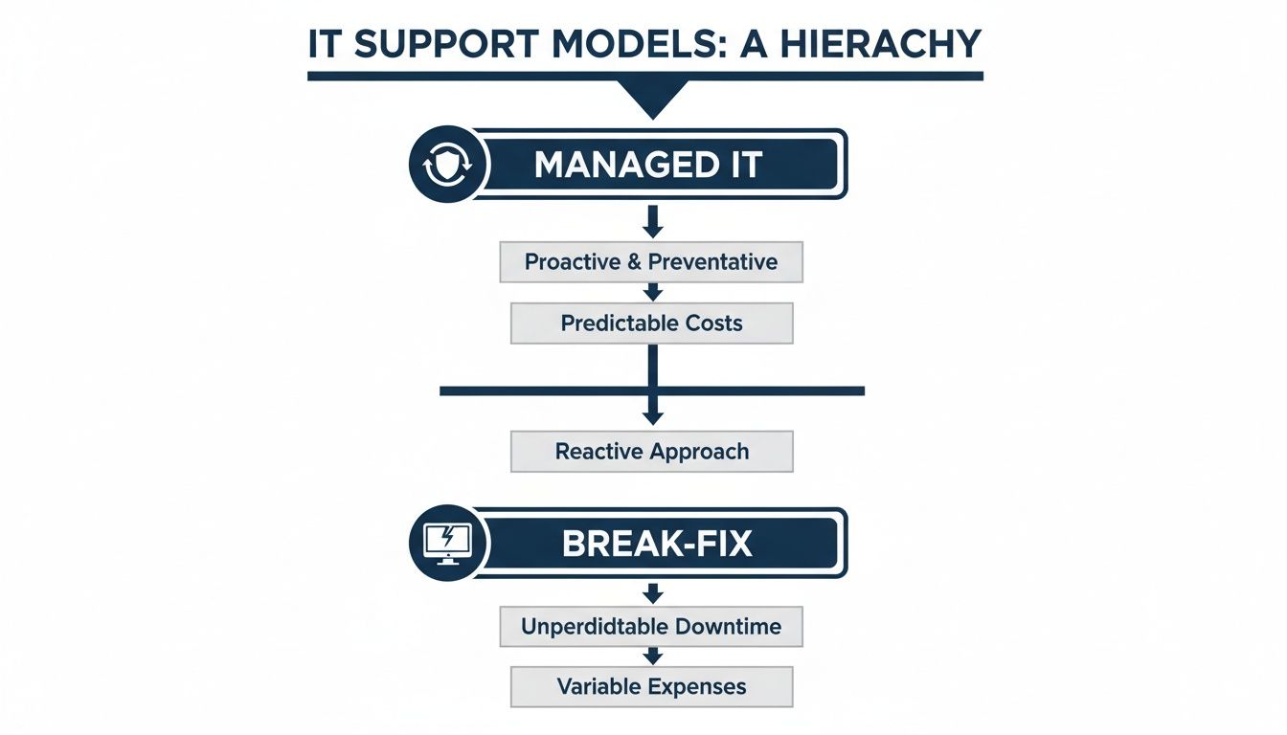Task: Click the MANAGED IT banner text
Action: coord(648,165)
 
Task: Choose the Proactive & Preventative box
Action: coord(651,262)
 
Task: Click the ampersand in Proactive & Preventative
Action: coord(633,262)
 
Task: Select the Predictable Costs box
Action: coord(651,323)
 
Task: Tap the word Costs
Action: coord(713,323)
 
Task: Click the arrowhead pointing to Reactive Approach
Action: coord(652,416)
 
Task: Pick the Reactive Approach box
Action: coord(651,452)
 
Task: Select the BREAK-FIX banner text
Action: coord(657,544)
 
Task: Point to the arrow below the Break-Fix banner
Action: coord(652,593)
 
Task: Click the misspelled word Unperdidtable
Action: coord(594,628)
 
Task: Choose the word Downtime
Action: coord(729,628)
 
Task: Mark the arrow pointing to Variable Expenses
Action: coord(652,656)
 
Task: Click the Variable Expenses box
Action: coord(651,687)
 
